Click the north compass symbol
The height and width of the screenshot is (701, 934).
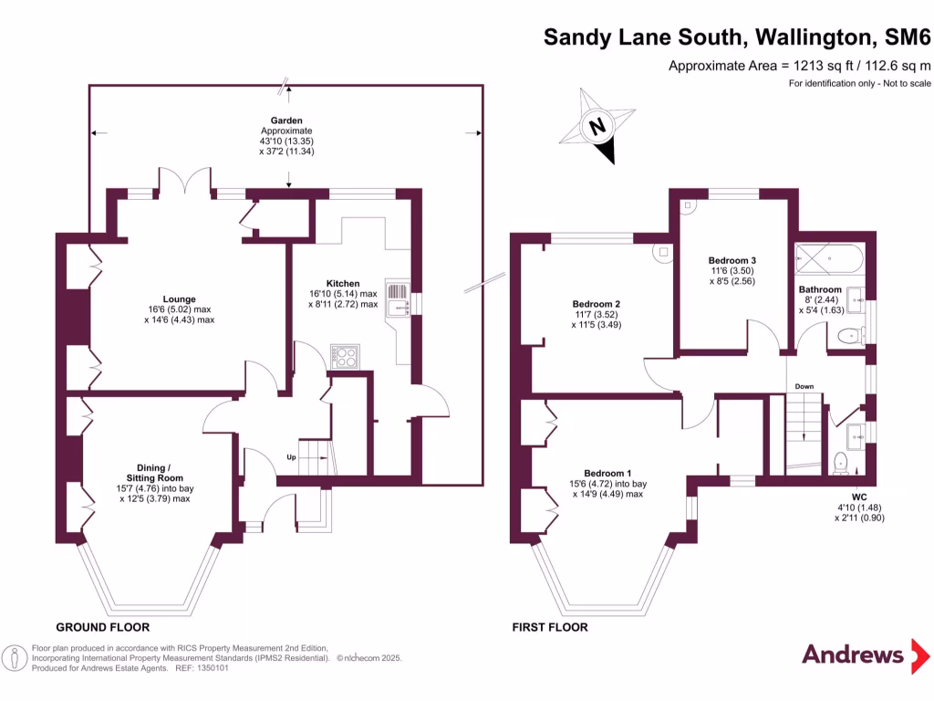598,128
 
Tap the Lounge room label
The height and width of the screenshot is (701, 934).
179,298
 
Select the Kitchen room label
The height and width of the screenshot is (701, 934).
342,283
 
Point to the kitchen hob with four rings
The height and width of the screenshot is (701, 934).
346,356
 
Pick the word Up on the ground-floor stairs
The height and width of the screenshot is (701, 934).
292,456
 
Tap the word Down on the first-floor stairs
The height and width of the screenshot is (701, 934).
804,386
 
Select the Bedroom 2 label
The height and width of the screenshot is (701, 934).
597,304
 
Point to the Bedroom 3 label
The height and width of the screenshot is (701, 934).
732,260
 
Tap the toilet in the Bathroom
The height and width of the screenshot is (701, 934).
850,335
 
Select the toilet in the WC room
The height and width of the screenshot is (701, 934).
840,463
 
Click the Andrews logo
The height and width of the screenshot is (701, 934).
853,654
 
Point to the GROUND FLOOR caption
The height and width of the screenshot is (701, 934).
103,627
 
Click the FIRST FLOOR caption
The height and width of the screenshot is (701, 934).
550,627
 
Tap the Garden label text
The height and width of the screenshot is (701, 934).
285,120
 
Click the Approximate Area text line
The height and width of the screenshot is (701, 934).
799,65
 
